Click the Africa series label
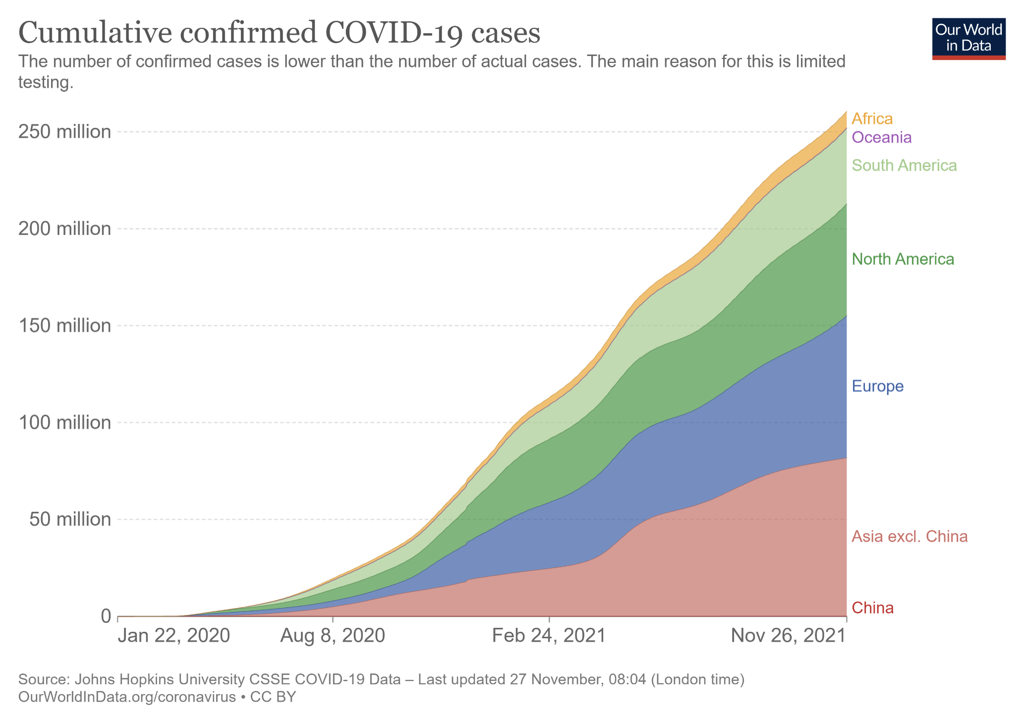[x=872, y=119]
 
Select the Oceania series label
[x=881, y=137]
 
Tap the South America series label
[x=904, y=165]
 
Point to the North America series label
[x=903, y=259]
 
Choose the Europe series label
[x=877, y=386]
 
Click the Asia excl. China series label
[x=910, y=536]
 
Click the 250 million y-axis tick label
[x=64, y=131]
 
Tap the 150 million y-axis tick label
[x=64, y=325]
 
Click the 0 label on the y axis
[x=106, y=616]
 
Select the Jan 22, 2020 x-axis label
[x=173, y=635]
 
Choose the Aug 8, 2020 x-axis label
[x=333, y=635]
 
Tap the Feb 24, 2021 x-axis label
[x=549, y=635]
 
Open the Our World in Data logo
[x=968, y=39]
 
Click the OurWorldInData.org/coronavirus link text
[x=127, y=697]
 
